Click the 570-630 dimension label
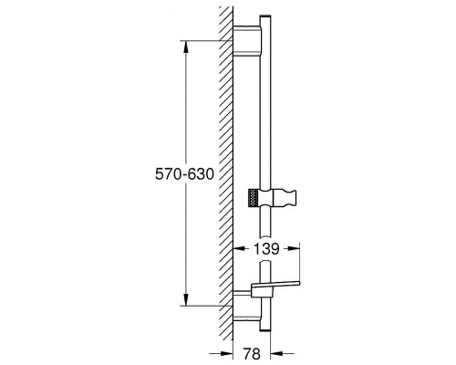click(x=184, y=174)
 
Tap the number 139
click(x=266, y=249)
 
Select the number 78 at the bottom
click(x=252, y=354)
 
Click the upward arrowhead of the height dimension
click(x=186, y=47)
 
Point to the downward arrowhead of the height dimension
click(x=186, y=299)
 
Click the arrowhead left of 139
click(x=239, y=249)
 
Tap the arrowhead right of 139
click(x=294, y=249)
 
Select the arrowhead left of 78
click(x=227, y=354)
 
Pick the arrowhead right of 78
click(x=276, y=354)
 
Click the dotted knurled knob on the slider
click(x=254, y=199)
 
